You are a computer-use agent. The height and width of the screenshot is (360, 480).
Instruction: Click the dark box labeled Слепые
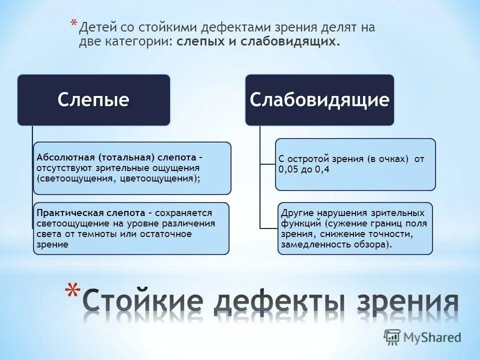(93, 100)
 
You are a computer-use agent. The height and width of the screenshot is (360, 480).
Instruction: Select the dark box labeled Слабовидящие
(319, 100)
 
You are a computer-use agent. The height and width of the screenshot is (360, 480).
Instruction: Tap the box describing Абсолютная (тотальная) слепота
(132, 168)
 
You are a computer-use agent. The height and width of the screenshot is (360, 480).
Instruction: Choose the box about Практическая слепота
(131, 228)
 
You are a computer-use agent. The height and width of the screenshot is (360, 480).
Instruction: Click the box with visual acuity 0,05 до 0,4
(355, 164)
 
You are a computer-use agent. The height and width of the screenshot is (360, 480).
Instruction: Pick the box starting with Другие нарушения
(355, 228)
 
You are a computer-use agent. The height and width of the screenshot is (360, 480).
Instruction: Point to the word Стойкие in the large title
(142, 302)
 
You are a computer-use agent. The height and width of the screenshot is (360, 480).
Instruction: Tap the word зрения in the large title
(401, 302)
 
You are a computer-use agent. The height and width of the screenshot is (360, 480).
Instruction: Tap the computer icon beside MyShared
(392, 336)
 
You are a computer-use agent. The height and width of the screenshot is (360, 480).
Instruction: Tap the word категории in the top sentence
(137, 42)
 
